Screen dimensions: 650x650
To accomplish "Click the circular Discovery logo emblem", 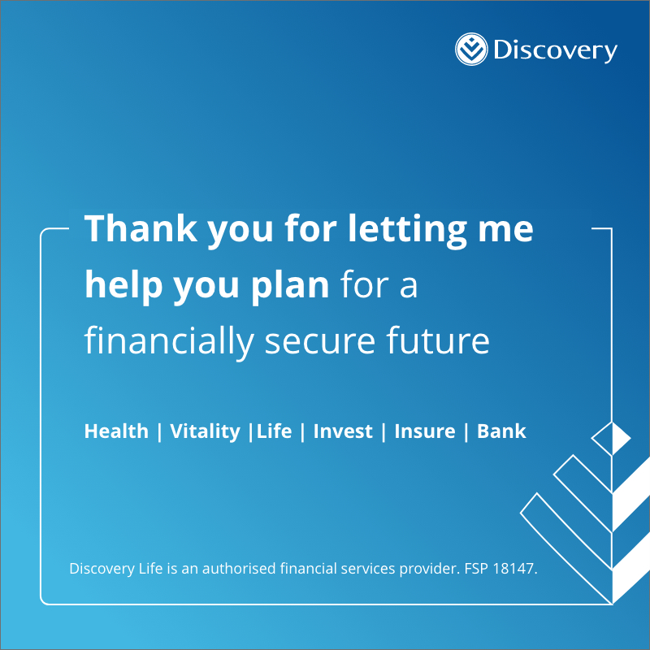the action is (x=471, y=50).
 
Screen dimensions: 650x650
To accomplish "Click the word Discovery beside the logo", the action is (x=556, y=50).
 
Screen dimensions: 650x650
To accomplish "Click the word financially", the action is (x=169, y=342).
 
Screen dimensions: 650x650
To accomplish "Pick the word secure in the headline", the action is (x=320, y=342).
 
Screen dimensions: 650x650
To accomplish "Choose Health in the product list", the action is (x=116, y=431).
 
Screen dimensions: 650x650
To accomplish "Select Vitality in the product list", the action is (x=206, y=432).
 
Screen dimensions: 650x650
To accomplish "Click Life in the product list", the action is (x=275, y=431).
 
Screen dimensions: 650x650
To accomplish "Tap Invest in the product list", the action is (x=343, y=431).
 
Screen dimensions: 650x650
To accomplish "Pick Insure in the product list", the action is (x=425, y=431).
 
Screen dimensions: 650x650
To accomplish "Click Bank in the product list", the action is (x=501, y=431).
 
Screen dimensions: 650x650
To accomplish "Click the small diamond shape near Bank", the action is (x=611, y=438).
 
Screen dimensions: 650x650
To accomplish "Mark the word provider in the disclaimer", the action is (x=430, y=569).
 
